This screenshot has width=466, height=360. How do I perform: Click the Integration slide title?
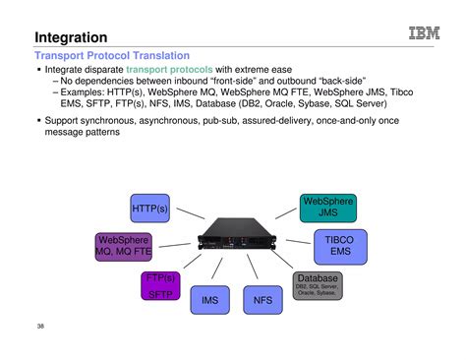pos(71,37)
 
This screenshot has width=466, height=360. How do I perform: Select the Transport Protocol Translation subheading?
pos(112,56)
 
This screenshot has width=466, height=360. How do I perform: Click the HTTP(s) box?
pos(150,209)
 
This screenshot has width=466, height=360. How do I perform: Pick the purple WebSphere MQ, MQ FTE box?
pos(122,246)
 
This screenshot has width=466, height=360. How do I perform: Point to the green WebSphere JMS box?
pos(327,208)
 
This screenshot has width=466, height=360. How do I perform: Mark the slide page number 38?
pos(40,326)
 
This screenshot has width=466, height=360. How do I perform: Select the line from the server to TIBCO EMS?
pos(292,243)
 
